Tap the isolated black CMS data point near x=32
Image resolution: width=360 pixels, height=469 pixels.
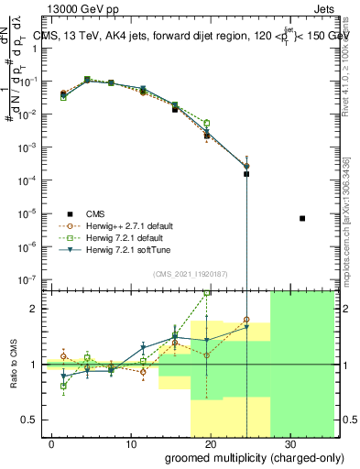pos(302,218)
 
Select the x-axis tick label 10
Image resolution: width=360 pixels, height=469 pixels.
pos(131,443)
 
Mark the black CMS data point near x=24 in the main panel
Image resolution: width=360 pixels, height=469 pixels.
pos(245,173)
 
